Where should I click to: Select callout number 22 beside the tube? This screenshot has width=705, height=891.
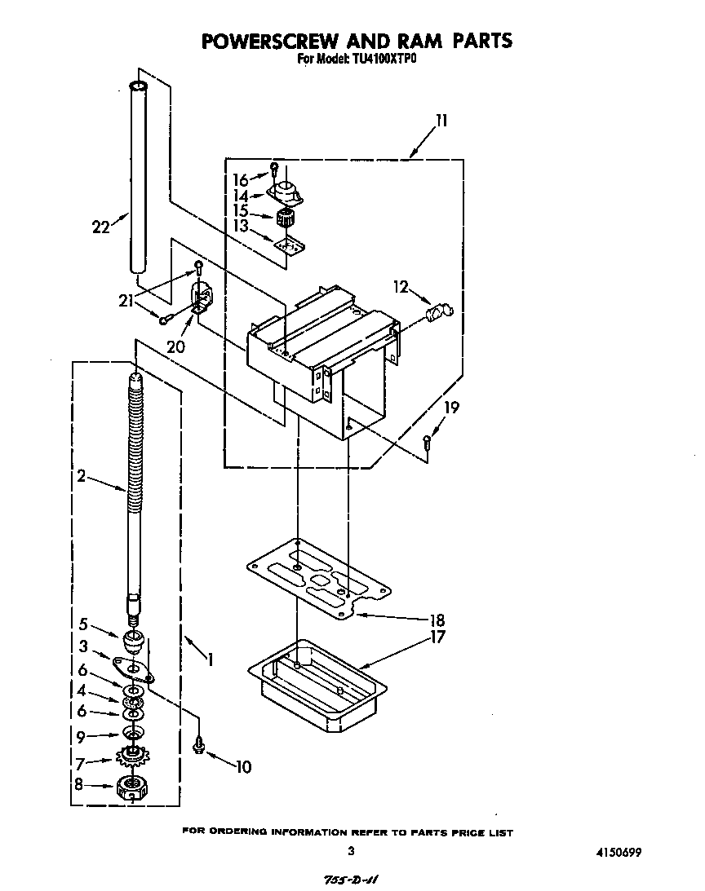pyautogui.click(x=101, y=227)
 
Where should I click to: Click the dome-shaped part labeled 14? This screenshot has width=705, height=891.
pyautogui.click(x=284, y=194)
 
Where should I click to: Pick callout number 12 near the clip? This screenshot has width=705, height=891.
pyautogui.click(x=400, y=286)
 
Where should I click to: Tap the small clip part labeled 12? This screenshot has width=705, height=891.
pyautogui.click(x=439, y=311)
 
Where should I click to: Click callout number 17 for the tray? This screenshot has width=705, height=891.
pyautogui.click(x=438, y=637)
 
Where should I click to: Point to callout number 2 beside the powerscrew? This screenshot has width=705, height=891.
pyautogui.click(x=82, y=477)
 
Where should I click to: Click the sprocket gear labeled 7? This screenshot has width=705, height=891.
pyautogui.click(x=131, y=758)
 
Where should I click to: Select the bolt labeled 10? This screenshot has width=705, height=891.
pyautogui.click(x=198, y=745)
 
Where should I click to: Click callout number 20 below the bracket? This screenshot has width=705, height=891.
pyautogui.click(x=175, y=346)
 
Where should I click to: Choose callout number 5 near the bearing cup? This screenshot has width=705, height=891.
pyautogui.click(x=83, y=624)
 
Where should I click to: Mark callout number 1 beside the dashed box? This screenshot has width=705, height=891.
pyautogui.click(x=211, y=659)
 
